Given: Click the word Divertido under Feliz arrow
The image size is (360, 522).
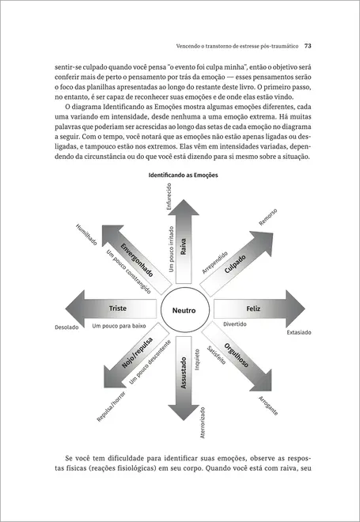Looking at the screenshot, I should click(235, 324).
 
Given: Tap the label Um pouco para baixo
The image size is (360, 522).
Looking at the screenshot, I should click(119, 325).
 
